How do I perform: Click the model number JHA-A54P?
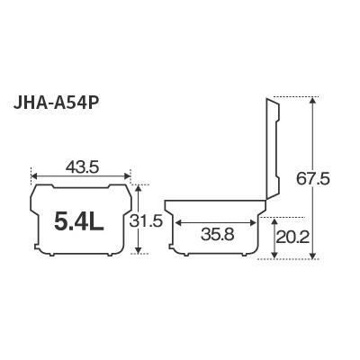[67, 122]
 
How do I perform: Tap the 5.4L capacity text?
[78, 220]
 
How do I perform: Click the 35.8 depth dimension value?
[219, 235]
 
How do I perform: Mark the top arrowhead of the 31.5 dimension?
[140, 187]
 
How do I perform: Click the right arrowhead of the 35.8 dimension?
[261, 220]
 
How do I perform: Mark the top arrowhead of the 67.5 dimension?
[312, 101]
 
